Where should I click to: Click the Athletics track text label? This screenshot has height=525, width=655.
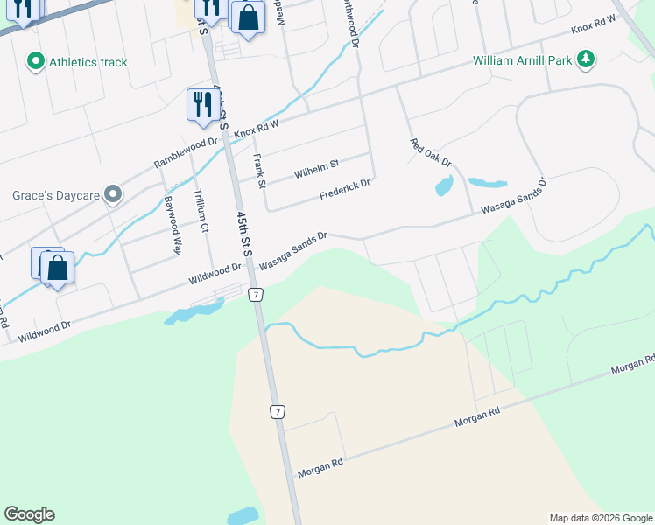[x=88, y=62]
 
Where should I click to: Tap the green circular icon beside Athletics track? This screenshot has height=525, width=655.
[x=36, y=61]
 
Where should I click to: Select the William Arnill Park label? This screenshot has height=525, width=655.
[x=521, y=61]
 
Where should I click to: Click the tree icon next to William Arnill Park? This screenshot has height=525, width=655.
[x=586, y=59]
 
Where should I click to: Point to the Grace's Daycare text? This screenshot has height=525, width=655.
[x=53, y=194]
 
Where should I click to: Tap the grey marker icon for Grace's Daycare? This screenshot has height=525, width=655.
[x=112, y=194]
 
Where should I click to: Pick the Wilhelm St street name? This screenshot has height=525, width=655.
[x=316, y=168]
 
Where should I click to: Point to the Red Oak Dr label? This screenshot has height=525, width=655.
[x=430, y=152]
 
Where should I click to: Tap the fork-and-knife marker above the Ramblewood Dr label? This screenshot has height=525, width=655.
[x=202, y=104]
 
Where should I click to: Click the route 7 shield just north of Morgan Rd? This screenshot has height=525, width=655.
[x=277, y=411]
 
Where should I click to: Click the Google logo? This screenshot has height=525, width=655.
[x=29, y=514]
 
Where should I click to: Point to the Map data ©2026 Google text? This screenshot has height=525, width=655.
[x=601, y=518]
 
